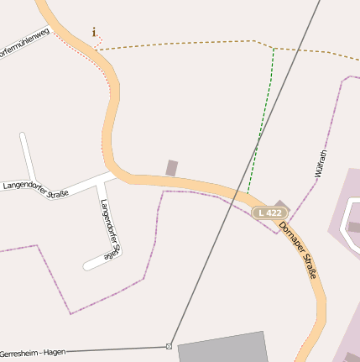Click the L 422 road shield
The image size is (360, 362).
point(270,212)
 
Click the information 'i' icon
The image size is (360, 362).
point(94,32)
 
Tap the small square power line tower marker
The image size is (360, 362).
point(169,346)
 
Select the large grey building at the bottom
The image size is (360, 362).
point(223,348)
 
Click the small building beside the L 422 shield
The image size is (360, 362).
point(280,204)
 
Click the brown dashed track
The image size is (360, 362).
point(185,43)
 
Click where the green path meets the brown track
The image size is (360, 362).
point(274,48)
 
